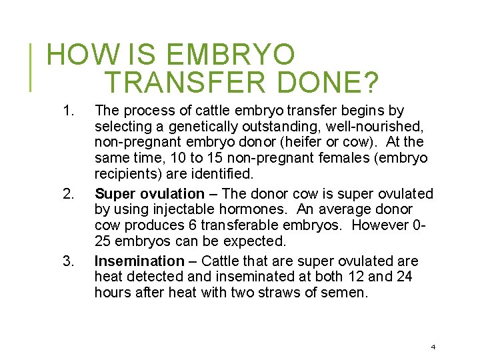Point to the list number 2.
[67, 194]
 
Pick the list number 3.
[67, 261]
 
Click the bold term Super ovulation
[149, 194]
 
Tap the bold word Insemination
[139, 261]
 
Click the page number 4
[433, 347]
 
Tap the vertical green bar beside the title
[32, 67]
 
